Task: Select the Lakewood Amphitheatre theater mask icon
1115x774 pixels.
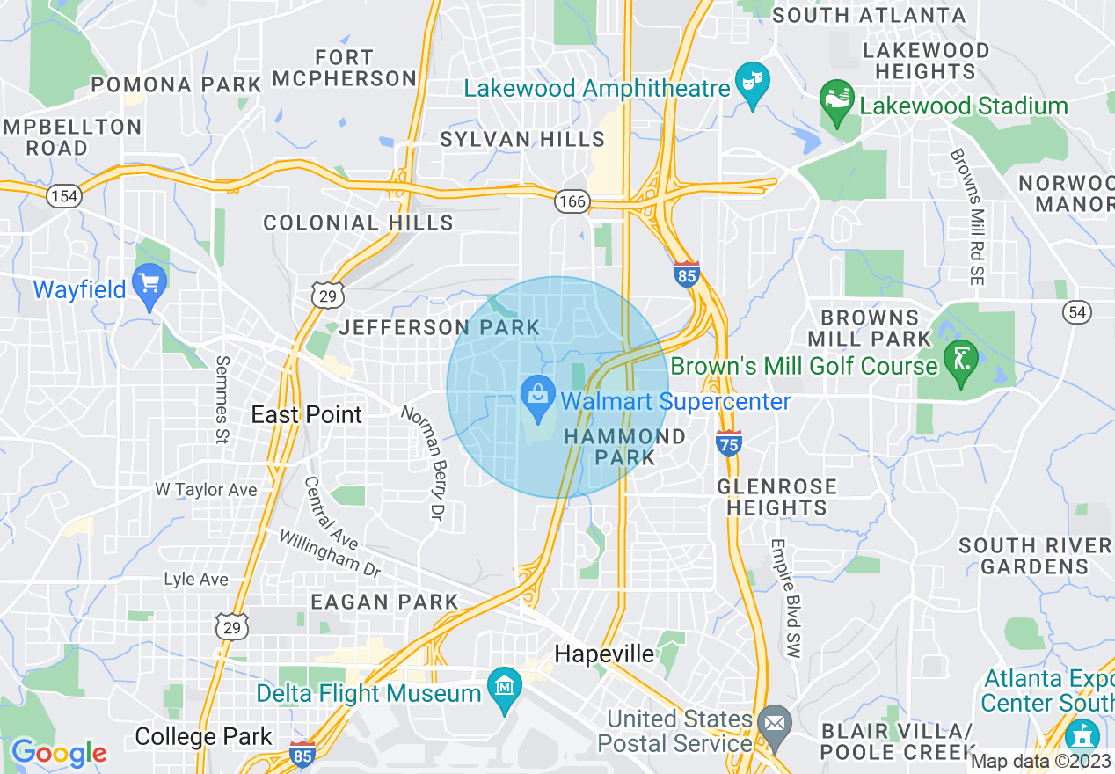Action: click(x=753, y=82)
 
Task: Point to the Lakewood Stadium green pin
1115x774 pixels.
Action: click(x=836, y=99)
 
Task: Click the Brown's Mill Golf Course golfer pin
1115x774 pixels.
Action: click(x=960, y=360)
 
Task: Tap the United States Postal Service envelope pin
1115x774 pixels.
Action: click(x=775, y=724)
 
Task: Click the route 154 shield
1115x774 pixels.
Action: click(x=64, y=195)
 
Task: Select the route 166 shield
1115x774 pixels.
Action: click(x=571, y=202)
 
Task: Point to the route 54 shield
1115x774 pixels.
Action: click(x=1077, y=310)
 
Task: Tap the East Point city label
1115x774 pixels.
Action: click(x=306, y=414)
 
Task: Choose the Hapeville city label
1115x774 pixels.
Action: click(x=605, y=654)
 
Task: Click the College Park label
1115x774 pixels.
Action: click(x=203, y=736)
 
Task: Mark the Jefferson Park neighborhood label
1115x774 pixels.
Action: click(x=440, y=327)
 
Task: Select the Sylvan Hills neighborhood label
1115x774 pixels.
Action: click(x=522, y=139)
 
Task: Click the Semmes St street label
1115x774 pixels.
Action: click(x=222, y=399)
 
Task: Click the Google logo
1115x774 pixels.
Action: click(x=58, y=753)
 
